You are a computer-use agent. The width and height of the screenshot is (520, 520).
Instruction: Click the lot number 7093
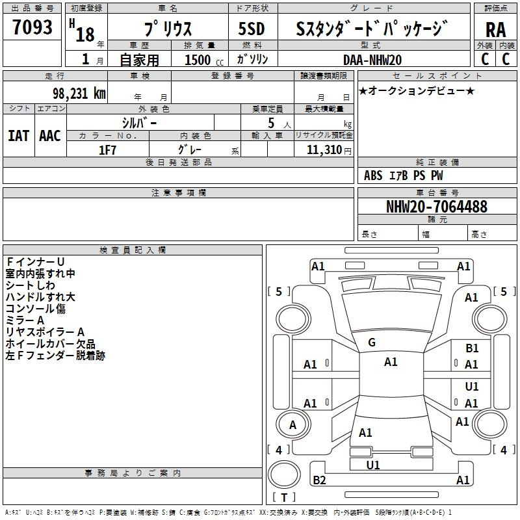click(32, 27)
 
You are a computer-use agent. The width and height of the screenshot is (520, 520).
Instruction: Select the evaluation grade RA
click(495, 30)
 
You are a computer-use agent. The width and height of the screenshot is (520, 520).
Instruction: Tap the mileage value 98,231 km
click(79, 94)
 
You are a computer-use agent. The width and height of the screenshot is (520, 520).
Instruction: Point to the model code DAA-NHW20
click(372, 60)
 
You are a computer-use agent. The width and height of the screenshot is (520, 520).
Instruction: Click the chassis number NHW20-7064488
click(437, 207)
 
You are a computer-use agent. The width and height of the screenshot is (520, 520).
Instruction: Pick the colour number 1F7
click(107, 150)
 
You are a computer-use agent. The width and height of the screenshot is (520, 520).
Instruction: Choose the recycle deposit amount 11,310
click(324, 150)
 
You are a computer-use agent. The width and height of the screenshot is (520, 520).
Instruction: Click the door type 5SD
click(252, 29)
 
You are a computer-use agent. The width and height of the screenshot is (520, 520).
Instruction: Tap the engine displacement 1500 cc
click(204, 60)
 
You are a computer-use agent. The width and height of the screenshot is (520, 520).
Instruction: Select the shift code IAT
click(19, 136)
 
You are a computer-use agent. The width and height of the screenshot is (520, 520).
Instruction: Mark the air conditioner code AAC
click(50, 136)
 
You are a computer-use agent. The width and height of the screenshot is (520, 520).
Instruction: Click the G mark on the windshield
click(372, 343)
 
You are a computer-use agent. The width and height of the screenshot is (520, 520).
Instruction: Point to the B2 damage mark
click(319, 480)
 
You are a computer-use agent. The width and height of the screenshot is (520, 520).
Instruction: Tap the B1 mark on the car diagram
click(472, 348)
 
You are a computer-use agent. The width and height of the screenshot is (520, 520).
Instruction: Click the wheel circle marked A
click(292, 424)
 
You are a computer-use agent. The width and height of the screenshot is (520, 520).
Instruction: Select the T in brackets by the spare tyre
click(284, 497)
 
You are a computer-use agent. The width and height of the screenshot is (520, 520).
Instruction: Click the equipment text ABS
click(373, 175)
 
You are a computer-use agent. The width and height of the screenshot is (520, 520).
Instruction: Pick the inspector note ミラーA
click(25, 320)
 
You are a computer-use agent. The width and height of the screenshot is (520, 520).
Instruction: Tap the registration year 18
click(85, 34)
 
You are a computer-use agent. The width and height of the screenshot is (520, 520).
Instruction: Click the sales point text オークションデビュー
click(417, 90)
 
